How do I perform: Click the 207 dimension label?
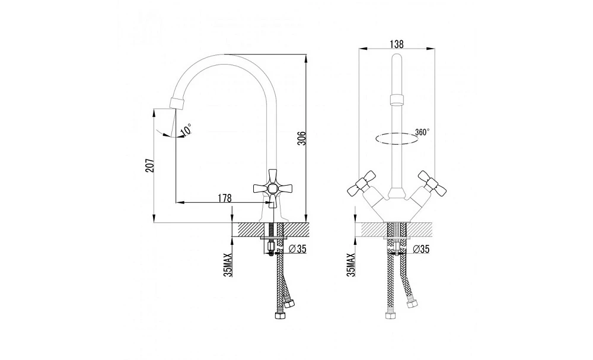pos(150,165)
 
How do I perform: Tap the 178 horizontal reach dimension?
pos(224,197)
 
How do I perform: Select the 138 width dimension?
pos(396,44)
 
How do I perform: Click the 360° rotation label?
pos(422,132)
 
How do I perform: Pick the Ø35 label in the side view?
pos(297,249)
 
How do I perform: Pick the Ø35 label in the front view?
pos(420,249)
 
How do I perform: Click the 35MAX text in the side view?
pos(228,265)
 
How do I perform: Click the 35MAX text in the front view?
pos(351,265)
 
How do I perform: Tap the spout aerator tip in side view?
pos(178,103)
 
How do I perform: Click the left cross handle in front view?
pos(362,183)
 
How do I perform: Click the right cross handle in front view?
pos(432,183)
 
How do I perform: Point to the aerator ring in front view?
pos(396,100)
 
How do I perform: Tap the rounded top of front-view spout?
pos(396,58)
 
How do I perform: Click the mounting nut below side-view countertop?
pos(270,248)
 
